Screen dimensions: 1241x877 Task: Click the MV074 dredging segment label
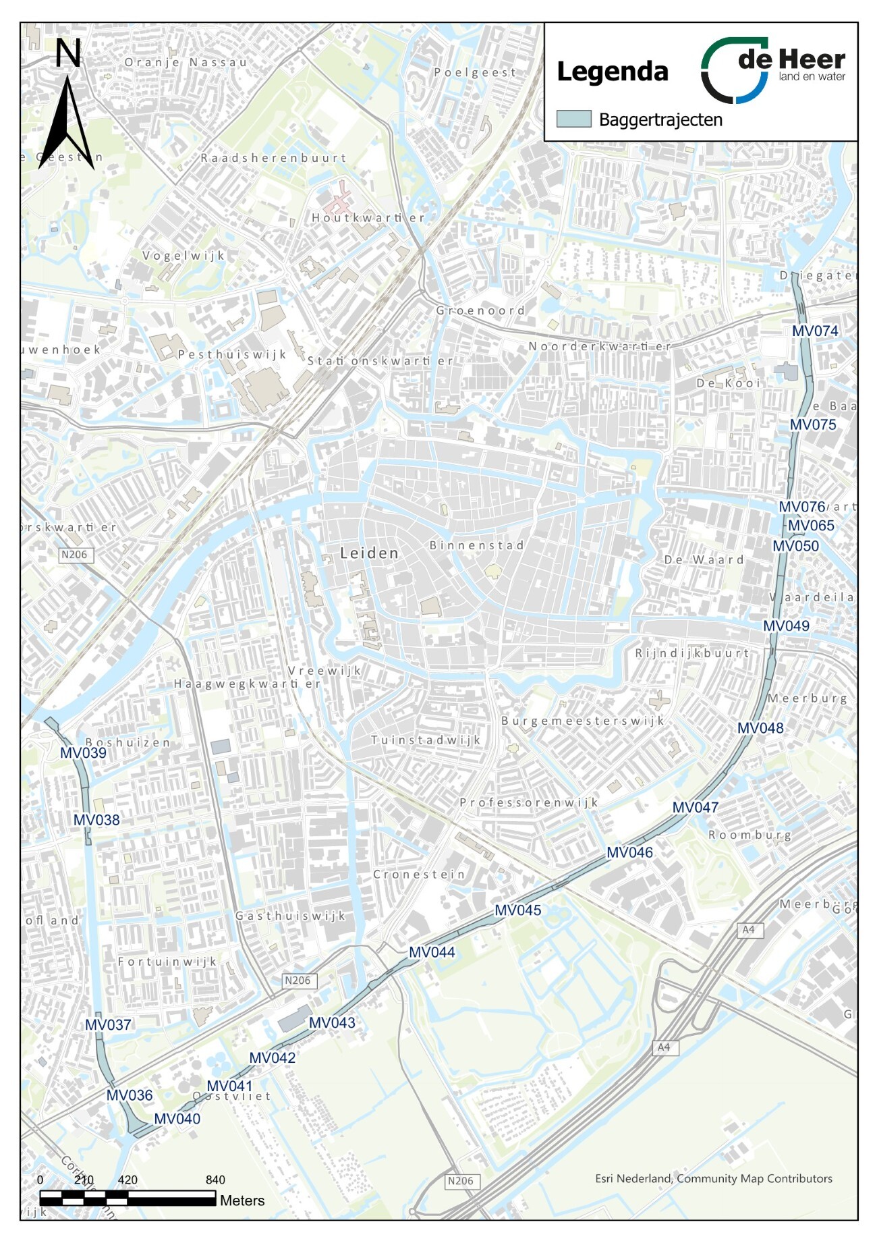815,331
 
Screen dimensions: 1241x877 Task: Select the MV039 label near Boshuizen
83,753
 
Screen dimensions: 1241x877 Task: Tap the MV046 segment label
629,852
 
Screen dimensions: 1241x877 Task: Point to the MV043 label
332,1022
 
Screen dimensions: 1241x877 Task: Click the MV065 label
811,526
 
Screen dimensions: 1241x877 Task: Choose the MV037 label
108,1025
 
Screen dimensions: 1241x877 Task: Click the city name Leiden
369,553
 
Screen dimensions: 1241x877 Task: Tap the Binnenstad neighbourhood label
476,545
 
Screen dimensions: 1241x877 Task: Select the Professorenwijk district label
529,802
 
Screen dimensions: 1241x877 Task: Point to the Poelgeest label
475,72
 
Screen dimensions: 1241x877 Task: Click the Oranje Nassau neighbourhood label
186,62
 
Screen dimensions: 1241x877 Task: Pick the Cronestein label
419,875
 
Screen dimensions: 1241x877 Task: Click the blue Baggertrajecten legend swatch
573,119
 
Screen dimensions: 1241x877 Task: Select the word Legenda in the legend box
612,72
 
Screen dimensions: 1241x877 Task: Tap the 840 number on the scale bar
215,1180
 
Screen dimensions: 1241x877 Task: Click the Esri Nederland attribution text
713,1179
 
